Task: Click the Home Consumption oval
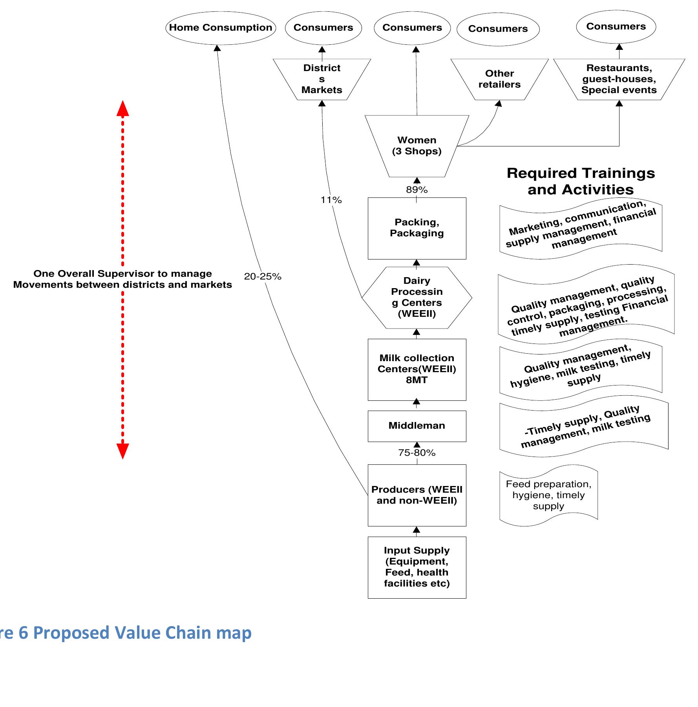tap(220, 28)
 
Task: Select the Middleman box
tap(417, 426)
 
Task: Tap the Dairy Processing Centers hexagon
tap(417, 298)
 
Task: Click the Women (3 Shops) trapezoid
tap(417, 146)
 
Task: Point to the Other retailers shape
tap(499, 79)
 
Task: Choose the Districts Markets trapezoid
tap(322, 79)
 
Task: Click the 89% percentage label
tap(417, 190)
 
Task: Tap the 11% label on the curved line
tap(331, 200)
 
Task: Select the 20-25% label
tap(262, 277)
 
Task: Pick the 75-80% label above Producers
tap(417, 453)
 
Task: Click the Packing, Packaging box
tap(417, 228)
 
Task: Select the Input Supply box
tap(417, 567)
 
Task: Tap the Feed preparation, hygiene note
tap(548, 495)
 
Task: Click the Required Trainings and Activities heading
tap(581, 181)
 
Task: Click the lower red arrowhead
tap(122, 451)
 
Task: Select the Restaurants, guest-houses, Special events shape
tap(619, 79)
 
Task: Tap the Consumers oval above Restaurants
tap(616, 27)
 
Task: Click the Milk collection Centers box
tap(417, 369)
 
